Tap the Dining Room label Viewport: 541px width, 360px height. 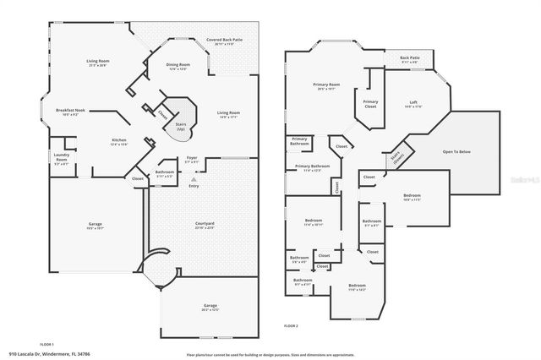[x=178, y=66]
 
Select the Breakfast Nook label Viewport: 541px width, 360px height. [x=71, y=112]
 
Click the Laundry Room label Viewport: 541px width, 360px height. [x=62, y=157]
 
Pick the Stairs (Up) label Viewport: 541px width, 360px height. [x=180, y=125]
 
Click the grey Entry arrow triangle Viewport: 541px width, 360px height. [x=194, y=179]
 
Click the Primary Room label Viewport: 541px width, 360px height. [x=326, y=86]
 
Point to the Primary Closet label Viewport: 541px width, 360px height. [x=370, y=104]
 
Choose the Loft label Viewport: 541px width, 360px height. [x=413, y=105]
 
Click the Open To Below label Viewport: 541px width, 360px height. [x=458, y=152]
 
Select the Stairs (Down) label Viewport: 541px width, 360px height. [x=396, y=156]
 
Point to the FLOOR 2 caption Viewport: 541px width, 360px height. [x=291, y=325]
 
